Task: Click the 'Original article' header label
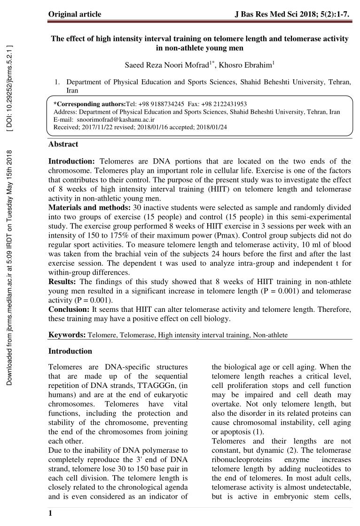75,14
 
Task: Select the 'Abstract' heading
63,144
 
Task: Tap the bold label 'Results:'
63,282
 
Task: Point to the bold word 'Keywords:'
67,335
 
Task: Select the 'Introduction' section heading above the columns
70,351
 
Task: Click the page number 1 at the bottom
50,514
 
